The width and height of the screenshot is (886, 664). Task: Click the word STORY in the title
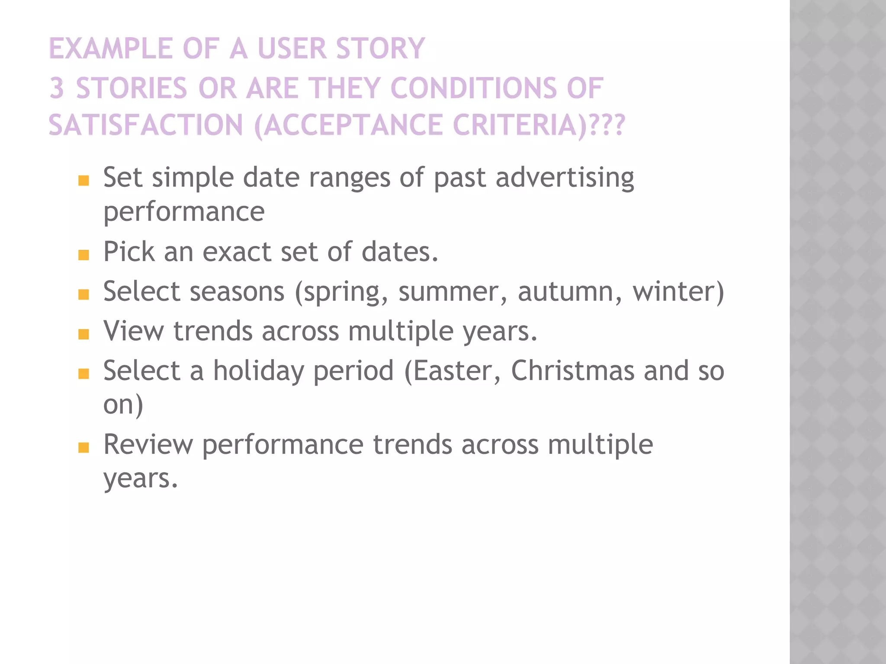(x=380, y=48)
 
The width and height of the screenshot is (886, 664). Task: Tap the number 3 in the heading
(x=57, y=88)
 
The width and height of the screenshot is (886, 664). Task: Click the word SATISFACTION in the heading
(x=146, y=125)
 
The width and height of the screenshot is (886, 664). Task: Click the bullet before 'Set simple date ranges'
(x=83, y=180)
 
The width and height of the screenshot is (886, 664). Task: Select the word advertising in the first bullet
(x=565, y=178)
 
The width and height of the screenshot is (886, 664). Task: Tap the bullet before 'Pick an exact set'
(x=83, y=255)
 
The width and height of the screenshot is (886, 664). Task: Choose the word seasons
(x=237, y=292)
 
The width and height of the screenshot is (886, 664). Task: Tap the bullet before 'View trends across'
(x=83, y=334)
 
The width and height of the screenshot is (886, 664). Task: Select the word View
(x=133, y=331)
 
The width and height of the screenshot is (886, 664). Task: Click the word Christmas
(x=572, y=371)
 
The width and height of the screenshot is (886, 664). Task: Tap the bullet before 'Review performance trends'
(x=83, y=447)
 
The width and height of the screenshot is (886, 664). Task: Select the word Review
(x=148, y=445)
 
